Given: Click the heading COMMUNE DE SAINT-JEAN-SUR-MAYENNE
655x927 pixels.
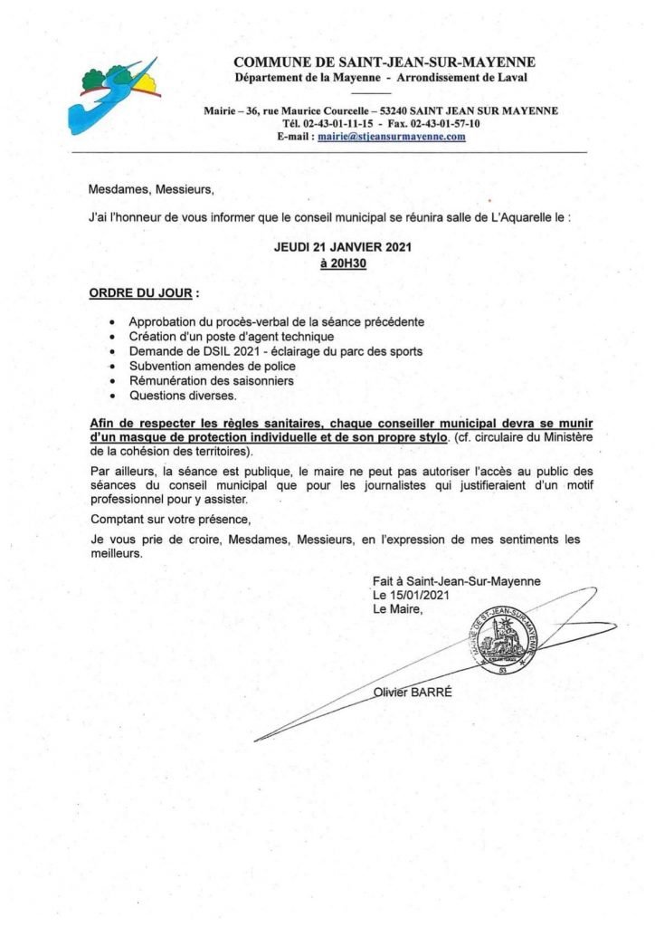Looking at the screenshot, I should (384, 62).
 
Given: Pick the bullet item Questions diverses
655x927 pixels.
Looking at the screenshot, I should (183, 396).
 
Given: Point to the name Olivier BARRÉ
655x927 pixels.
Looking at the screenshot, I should (413, 693).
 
